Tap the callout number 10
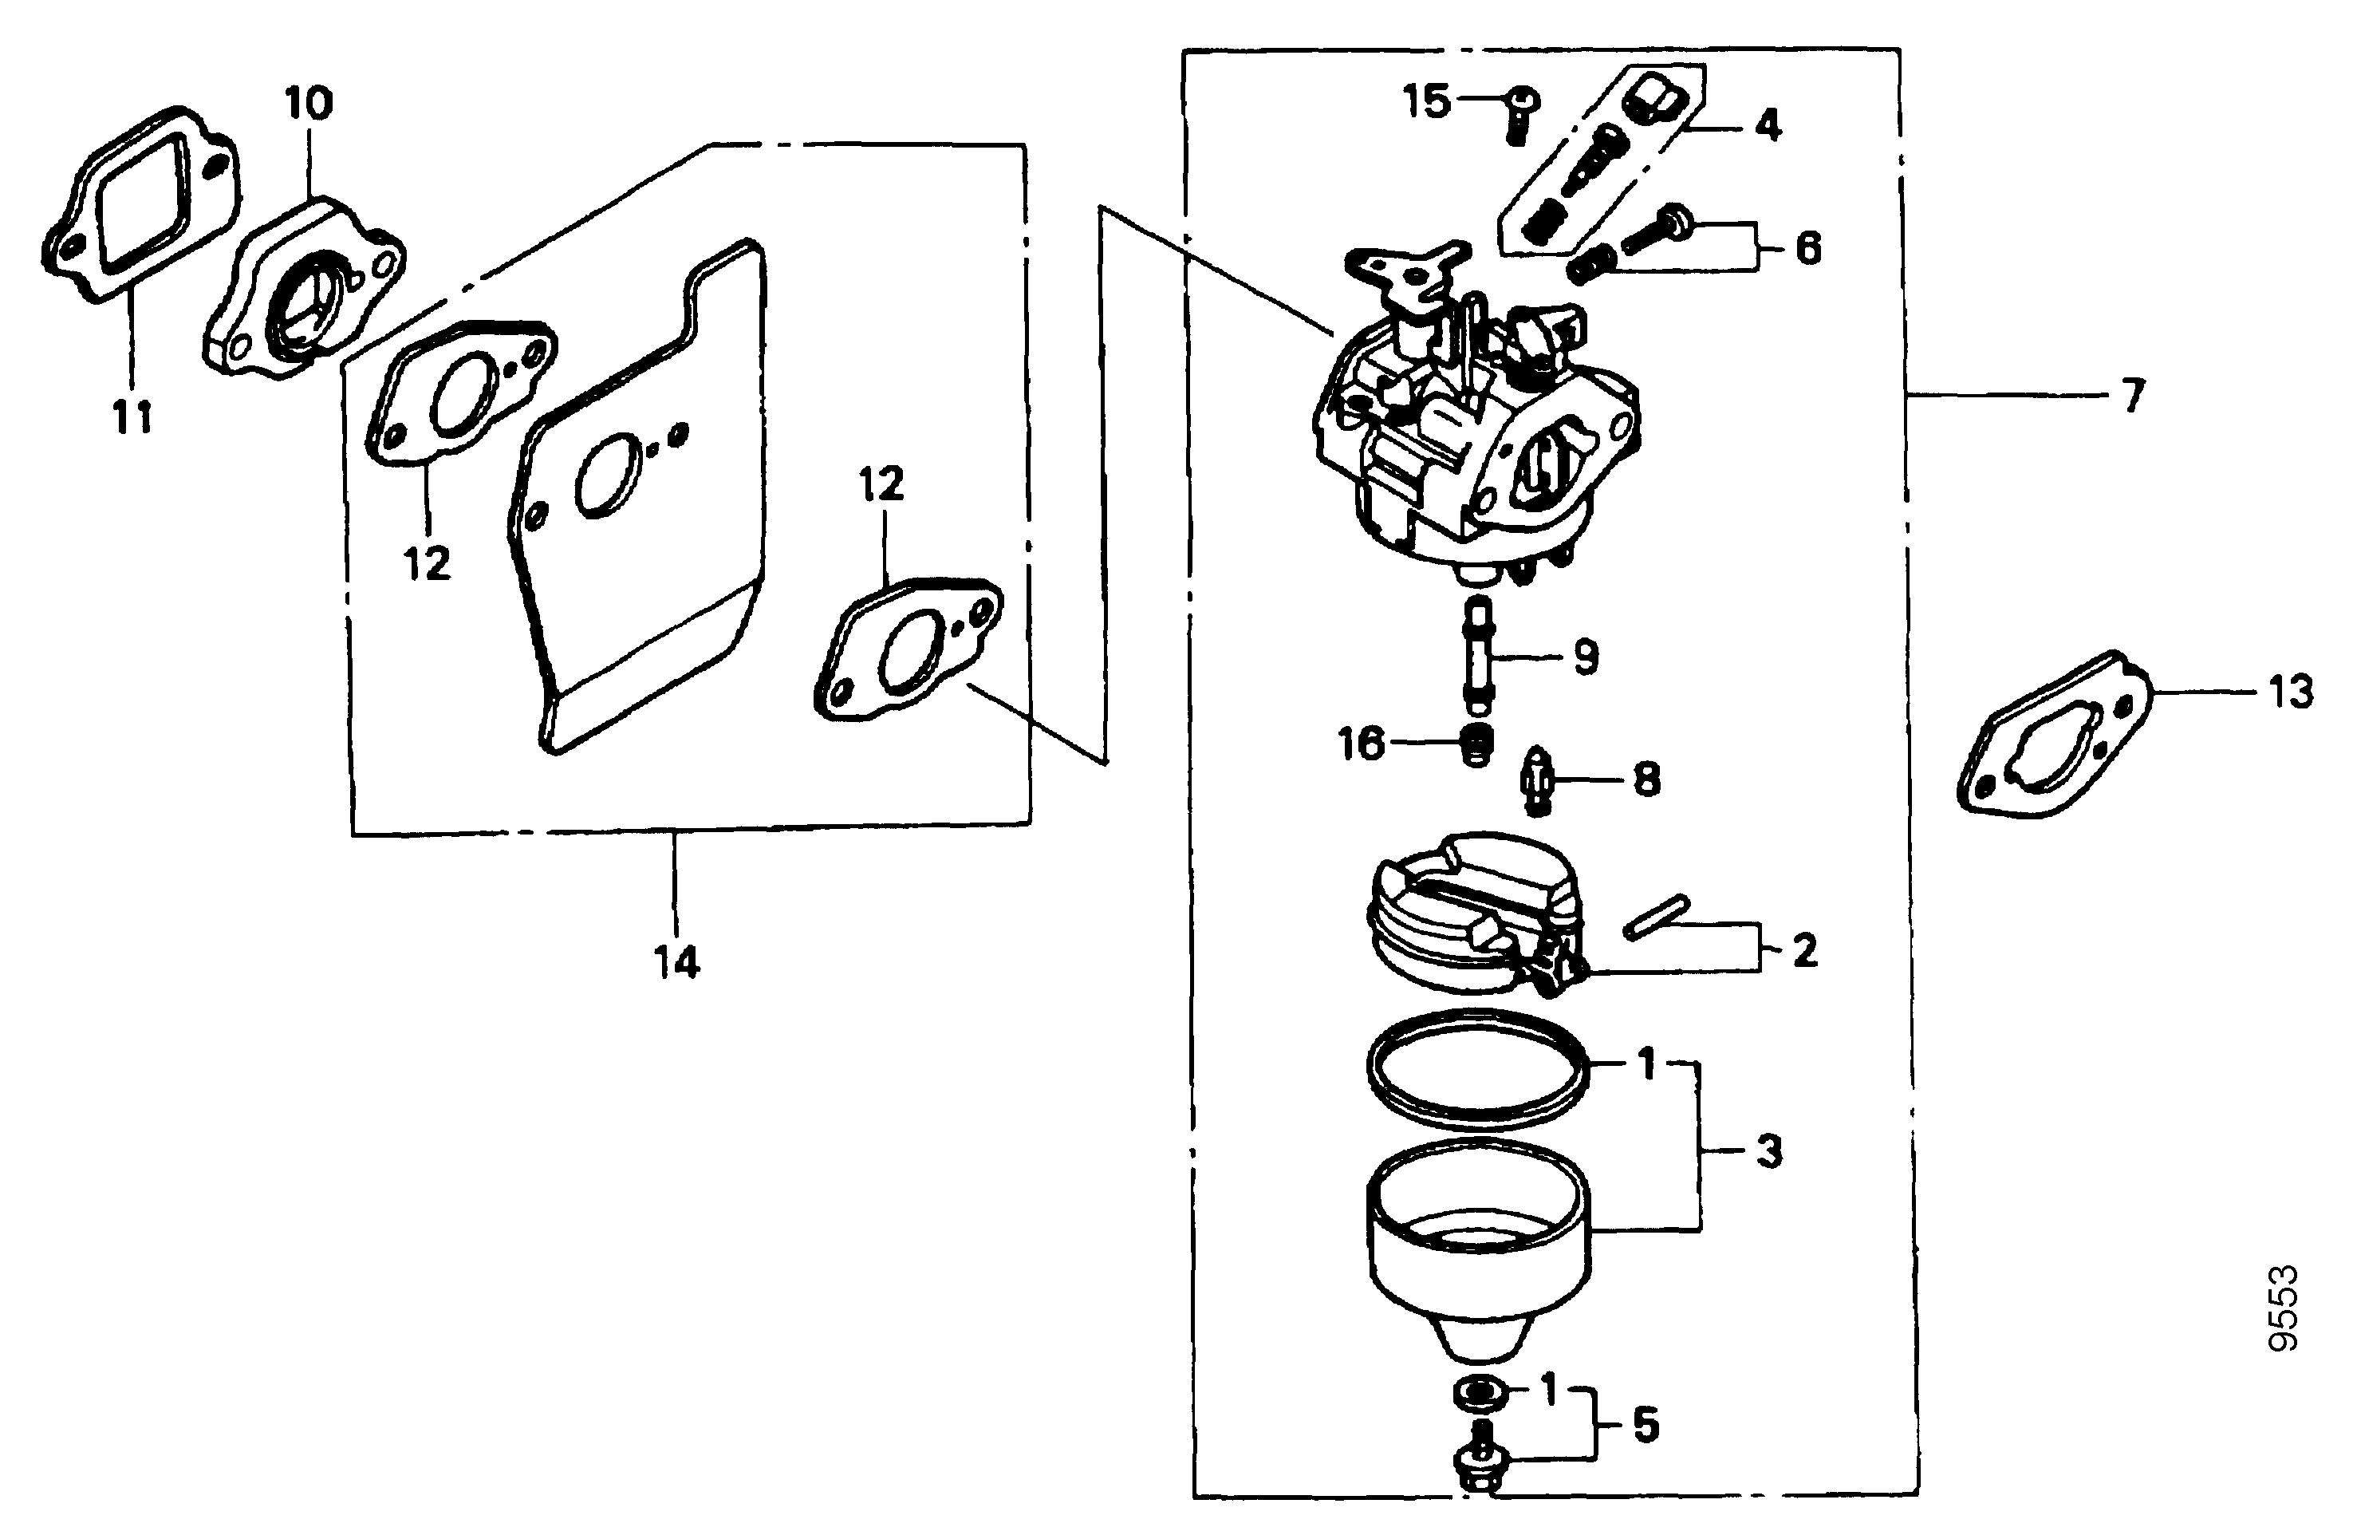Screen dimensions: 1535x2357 (309, 103)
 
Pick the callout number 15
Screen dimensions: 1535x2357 (1428, 102)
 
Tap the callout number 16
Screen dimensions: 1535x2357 (1361, 743)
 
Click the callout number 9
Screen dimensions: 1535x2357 (1586, 657)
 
